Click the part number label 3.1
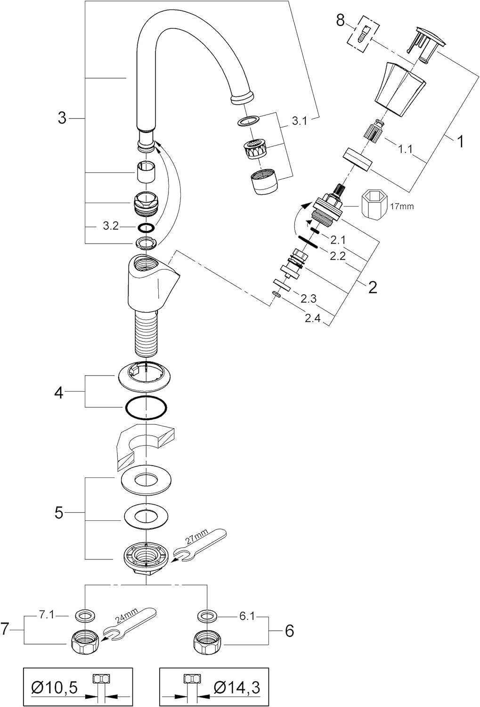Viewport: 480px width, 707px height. (299, 121)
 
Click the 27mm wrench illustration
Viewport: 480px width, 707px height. (200, 545)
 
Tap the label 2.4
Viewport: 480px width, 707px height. (312, 318)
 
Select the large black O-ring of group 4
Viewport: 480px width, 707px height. (146, 407)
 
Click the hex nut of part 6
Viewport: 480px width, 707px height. (205, 641)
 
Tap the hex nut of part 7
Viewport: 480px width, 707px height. (84, 641)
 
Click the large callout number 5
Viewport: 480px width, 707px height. (59, 512)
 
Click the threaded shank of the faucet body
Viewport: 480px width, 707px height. (146, 332)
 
